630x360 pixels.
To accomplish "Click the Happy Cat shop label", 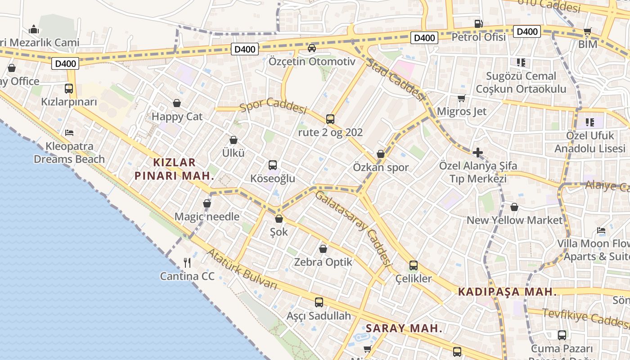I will (177, 117).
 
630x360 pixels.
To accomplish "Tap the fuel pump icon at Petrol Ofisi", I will (478, 23).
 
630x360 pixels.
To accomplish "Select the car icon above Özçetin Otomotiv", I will (311, 48).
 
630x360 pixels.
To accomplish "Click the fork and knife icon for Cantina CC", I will (187, 262).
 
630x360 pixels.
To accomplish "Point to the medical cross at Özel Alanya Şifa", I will (478, 153).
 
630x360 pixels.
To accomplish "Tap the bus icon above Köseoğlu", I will (273, 165).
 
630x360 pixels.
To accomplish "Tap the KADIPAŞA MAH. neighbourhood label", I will (507, 292).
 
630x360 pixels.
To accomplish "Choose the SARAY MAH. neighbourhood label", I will (404, 328).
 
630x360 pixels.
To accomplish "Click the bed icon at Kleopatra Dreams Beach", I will (69, 132).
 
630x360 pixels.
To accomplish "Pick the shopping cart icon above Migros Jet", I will (461, 98).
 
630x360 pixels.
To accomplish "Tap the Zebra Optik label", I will (323, 262).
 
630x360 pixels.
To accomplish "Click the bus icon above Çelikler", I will (413, 265).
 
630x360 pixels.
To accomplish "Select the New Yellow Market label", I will (514, 220).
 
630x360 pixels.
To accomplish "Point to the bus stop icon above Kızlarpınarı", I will (69, 88).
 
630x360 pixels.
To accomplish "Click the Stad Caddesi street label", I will (396, 80).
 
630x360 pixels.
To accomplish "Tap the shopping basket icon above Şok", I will (279, 219).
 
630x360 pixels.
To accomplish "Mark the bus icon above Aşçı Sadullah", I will (319, 302).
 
